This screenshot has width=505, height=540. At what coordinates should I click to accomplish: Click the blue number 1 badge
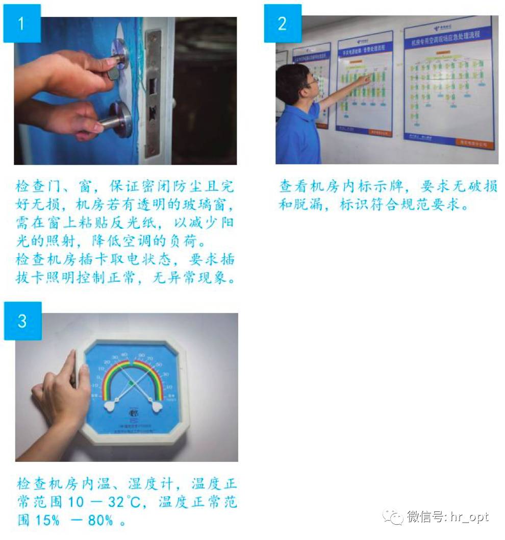21,23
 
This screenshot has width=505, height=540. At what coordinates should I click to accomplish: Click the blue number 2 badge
282,23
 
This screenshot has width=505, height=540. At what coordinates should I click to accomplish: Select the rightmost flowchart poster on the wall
448,82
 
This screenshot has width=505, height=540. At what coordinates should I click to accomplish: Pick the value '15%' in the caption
49,521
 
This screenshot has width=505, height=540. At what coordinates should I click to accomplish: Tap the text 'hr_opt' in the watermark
469,517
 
